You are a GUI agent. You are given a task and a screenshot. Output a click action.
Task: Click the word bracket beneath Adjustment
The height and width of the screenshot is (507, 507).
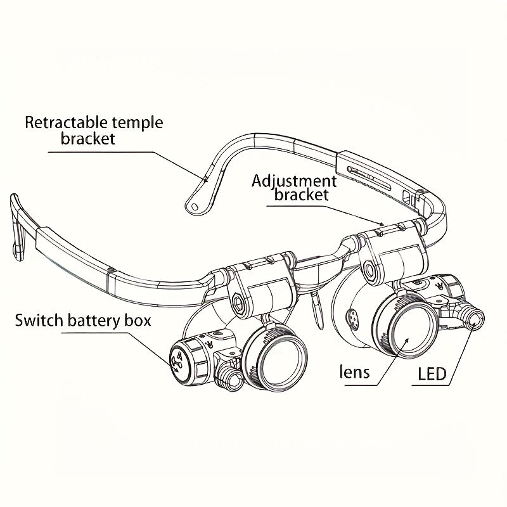coord(302,195)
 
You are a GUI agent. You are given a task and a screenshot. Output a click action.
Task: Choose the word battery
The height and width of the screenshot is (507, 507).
coord(96,320)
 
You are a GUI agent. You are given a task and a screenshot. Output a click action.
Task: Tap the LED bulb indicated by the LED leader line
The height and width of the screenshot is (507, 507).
coord(473,317)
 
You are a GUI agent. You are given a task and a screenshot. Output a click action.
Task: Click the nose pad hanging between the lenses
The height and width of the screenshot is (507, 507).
coord(315,309)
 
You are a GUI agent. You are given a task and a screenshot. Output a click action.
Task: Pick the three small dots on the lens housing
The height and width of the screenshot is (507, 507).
coord(352,313)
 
